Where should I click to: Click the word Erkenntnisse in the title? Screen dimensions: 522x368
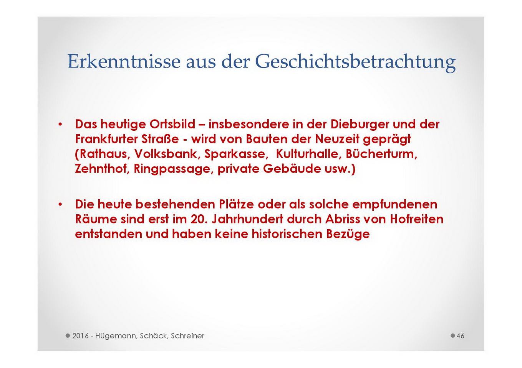(124, 61)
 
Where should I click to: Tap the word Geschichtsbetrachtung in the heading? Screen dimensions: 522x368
(355, 63)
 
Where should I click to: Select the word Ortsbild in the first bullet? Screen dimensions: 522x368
(172, 124)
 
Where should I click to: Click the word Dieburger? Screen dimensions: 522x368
(360, 125)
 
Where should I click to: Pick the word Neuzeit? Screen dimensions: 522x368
(337, 139)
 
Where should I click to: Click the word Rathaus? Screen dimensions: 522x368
(103, 154)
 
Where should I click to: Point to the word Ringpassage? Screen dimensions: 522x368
(174, 169)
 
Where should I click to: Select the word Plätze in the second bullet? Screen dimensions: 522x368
(236, 204)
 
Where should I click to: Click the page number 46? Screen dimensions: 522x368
(460, 336)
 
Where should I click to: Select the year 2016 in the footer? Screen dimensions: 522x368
(81, 336)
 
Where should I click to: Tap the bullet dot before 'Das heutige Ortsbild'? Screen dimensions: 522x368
(61, 124)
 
